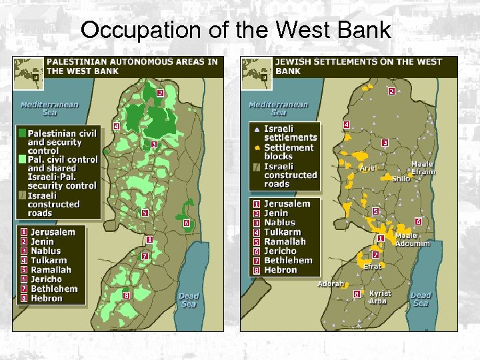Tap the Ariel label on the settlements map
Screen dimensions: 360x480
pyautogui.click(x=369, y=169)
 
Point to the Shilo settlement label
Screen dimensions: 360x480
pyautogui.click(x=401, y=179)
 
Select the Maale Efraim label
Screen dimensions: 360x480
pyautogui.click(x=422, y=168)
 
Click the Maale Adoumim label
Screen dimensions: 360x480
pyautogui.click(x=413, y=239)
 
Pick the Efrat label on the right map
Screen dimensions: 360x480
pyautogui.click(x=372, y=266)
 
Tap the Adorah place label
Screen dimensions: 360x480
pyautogui.click(x=331, y=283)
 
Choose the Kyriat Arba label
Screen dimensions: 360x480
pyautogui.click(x=380, y=297)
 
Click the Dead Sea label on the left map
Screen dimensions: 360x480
pyautogui.click(x=189, y=300)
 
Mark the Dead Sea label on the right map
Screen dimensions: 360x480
pyautogui.click(x=421, y=299)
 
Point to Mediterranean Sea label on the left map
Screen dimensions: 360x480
pyautogui.click(x=49, y=109)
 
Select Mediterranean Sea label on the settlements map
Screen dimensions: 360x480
pyautogui.click(x=278, y=109)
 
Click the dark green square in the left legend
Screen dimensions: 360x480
pyautogui.click(x=23, y=133)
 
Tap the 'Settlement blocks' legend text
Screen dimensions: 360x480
pyautogui.click(x=288, y=151)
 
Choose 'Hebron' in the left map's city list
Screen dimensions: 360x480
pyautogui.click(x=47, y=298)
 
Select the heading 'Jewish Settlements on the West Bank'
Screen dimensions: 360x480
pyautogui.click(x=358, y=66)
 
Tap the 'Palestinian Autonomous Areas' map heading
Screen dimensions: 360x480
pyautogui.click(x=131, y=66)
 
